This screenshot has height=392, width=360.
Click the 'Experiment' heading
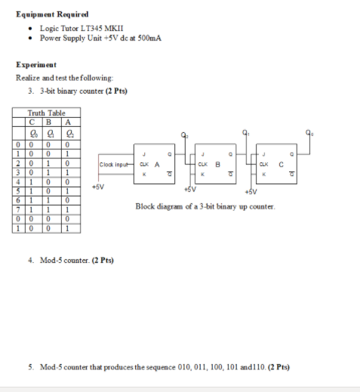[x=35, y=65]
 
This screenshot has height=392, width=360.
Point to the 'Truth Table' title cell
[x=46, y=112]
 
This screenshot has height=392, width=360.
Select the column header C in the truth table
[x=33, y=120]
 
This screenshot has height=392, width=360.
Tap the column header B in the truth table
[x=49, y=120]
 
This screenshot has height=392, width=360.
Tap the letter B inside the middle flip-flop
[x=217, y=164]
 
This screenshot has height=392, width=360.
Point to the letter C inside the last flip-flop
[x=280, y=164]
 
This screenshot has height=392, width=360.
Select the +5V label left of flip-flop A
[x=96, y=185]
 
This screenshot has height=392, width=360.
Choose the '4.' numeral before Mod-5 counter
[x=31, y=260]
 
